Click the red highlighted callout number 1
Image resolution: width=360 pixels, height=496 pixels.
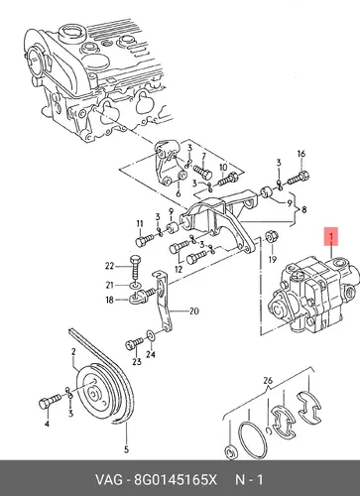pos(331,237)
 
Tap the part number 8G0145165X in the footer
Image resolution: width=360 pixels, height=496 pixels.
pos(175,479)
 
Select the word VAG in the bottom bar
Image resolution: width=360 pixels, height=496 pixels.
pos(109,479)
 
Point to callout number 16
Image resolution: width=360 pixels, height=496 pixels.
pos(301,154)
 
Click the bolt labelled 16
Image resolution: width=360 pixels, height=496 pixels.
pos(299,178)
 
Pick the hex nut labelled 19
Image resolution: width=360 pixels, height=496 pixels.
pos(272,237)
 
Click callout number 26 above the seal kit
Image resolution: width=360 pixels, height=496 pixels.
pos(268,381)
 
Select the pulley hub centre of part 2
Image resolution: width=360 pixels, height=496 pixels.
pos(94,395)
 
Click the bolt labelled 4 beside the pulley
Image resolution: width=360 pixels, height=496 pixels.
pos(50,401)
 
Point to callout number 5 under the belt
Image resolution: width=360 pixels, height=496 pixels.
pos(126,449)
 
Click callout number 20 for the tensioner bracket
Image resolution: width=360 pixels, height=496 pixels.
pos(194,311)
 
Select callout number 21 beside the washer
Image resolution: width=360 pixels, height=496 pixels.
pos(109,285)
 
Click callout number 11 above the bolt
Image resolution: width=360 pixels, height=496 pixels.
pos(140,223)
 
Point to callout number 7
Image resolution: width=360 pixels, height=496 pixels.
pos(203,156)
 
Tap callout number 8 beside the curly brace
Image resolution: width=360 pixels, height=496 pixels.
pos(303,209)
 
